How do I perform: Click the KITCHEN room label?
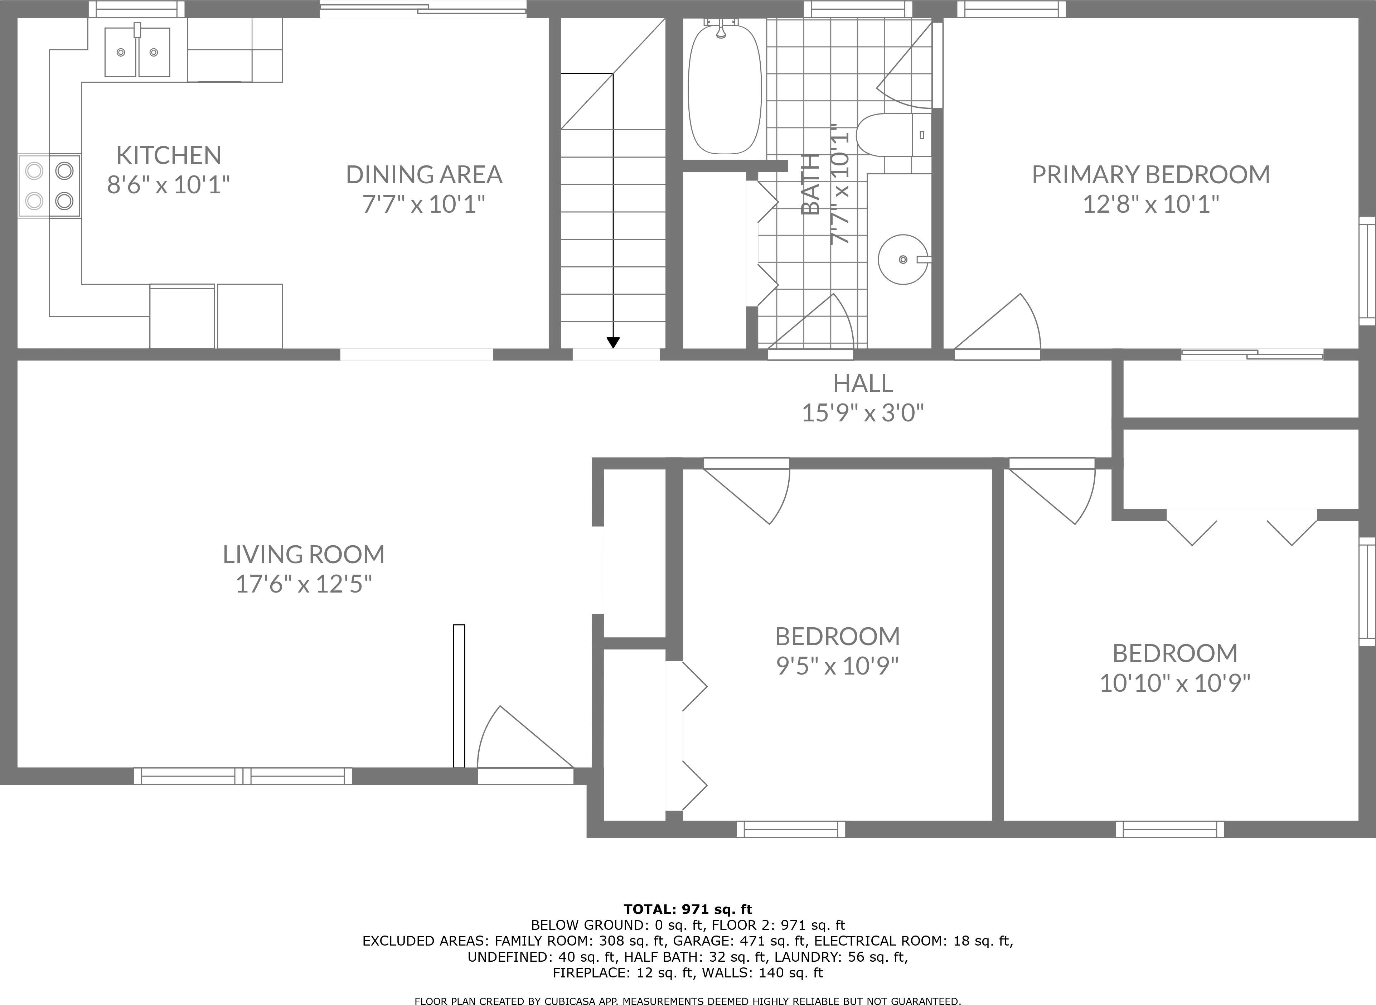pos(169,156)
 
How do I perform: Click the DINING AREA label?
pos(424,175)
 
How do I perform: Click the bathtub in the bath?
pos(724,90)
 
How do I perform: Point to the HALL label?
pos(863,384)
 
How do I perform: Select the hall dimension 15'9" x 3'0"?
pos(863,414)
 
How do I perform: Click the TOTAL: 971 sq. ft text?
pos(687,909)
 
